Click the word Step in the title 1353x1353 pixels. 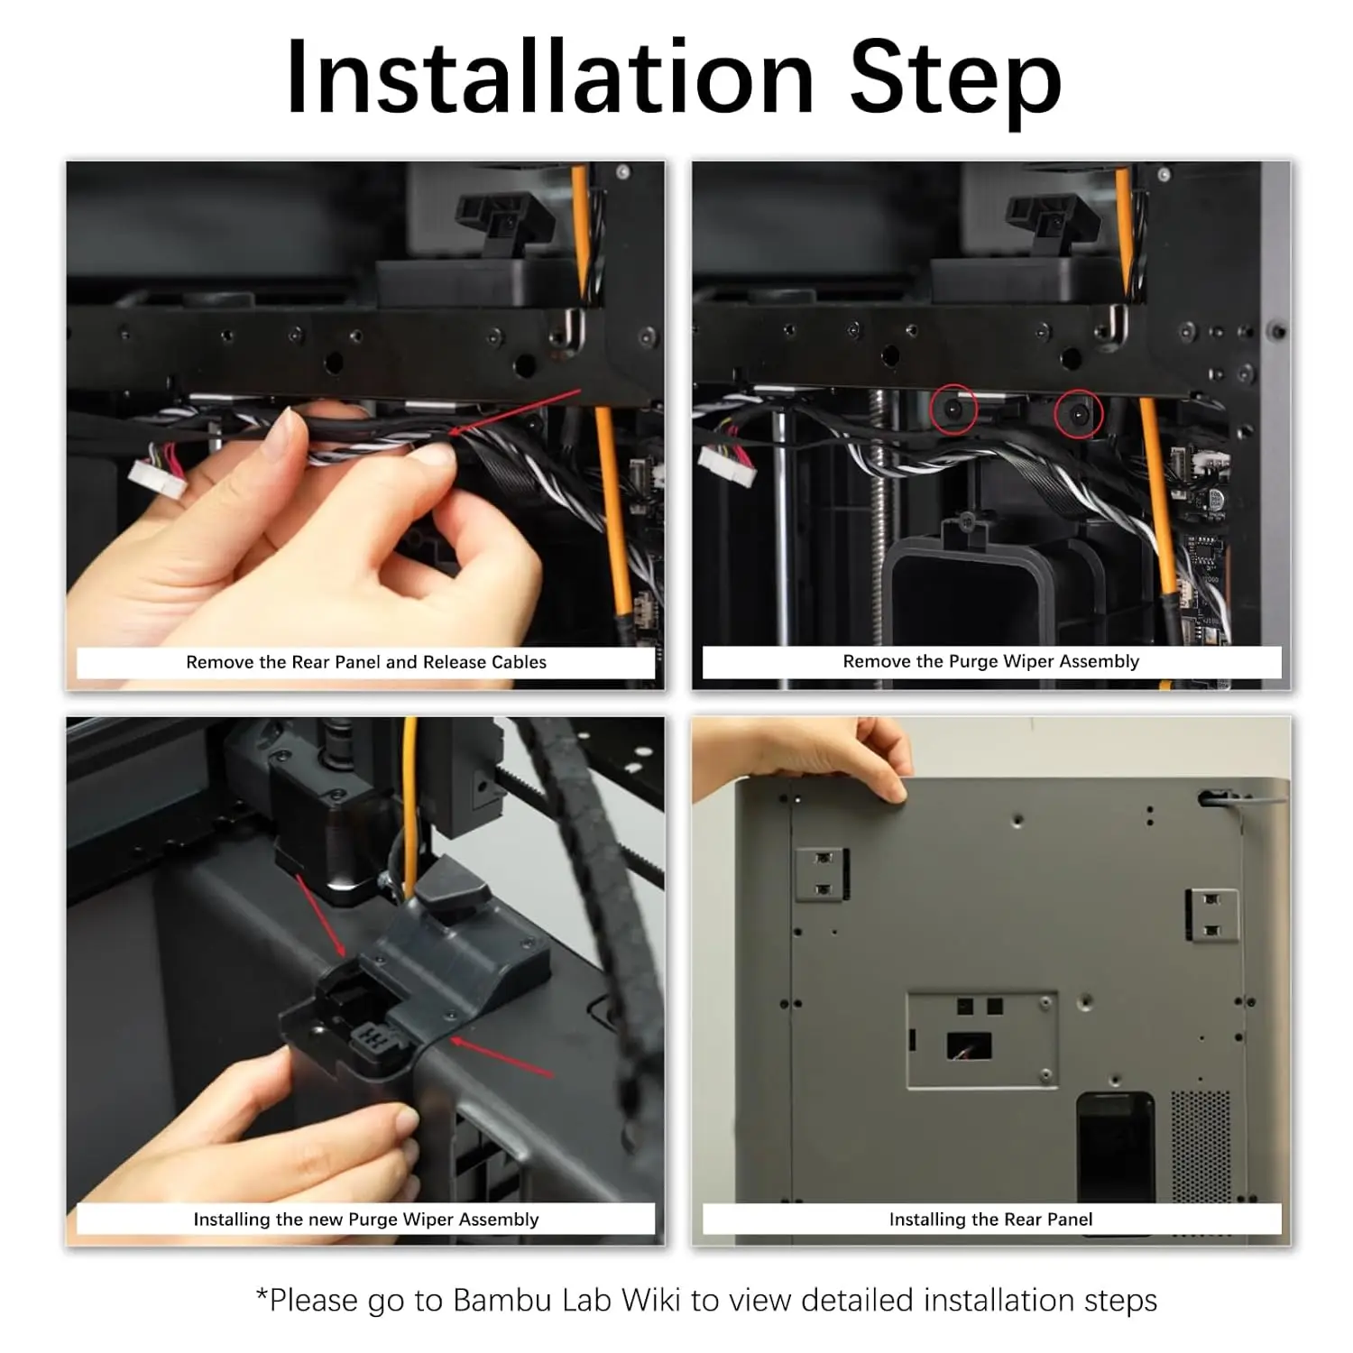click(x=955, y=84)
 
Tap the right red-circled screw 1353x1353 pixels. click(x=1079, y=413)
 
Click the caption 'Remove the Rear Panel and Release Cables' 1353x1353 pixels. click(x=366, y=662)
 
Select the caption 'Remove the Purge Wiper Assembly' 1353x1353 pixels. click(x=991, y=661)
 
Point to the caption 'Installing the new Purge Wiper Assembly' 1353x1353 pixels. click(x=366, y=1220)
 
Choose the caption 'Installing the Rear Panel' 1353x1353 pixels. click(x=990, y=1220)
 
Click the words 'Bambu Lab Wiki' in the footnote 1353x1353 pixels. click(x=567, y=1300)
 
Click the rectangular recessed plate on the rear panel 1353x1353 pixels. click(x=982, y=1041)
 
